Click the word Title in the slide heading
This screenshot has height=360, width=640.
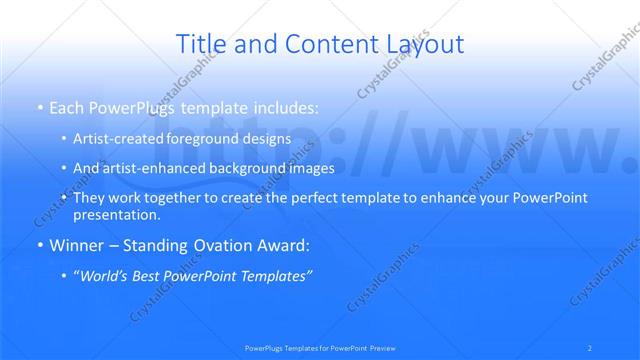199,44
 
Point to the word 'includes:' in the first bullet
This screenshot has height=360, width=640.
287,106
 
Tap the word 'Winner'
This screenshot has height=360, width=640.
76,245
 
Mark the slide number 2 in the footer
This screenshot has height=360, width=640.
592,348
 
